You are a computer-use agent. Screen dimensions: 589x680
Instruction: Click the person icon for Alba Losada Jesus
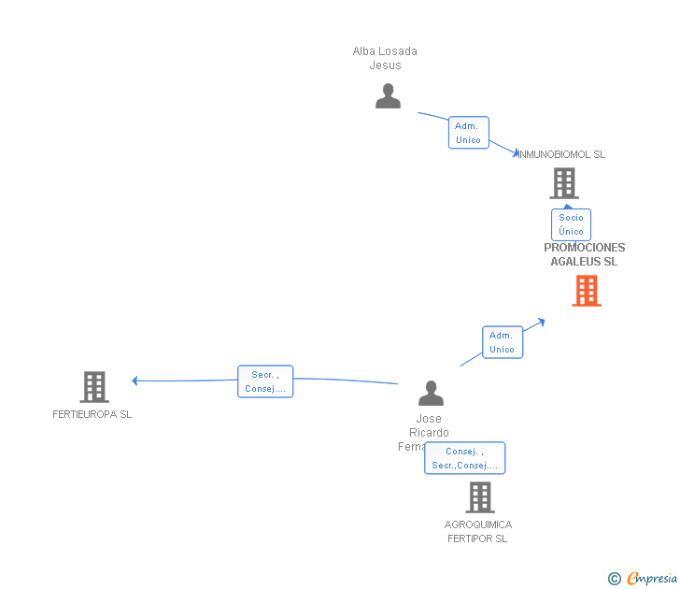[388, 96]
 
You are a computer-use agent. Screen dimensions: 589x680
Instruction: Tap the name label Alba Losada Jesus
[385, 58]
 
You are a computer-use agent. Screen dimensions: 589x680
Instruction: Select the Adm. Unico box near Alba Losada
[468, 133]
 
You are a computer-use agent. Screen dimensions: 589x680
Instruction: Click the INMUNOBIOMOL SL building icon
[564, 183]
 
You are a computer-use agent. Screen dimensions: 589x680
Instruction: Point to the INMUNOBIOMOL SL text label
[561, 154]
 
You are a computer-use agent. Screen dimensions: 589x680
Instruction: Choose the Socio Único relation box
[571, 224]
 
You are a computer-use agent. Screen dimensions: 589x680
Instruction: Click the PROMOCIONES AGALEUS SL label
[585, 254]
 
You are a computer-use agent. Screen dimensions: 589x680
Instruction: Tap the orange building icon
[587, 291]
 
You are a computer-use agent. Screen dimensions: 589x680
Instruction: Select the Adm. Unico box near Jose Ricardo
[503, 342]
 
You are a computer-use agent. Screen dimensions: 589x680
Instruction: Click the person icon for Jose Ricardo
[431, 393]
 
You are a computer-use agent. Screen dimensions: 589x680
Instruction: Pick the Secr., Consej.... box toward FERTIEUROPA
[265, 381]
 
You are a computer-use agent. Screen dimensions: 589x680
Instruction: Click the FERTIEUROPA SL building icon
[94, 386]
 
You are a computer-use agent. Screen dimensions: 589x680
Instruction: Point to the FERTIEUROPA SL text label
[92, 414]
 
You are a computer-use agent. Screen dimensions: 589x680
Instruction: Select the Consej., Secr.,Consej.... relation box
[464, 458]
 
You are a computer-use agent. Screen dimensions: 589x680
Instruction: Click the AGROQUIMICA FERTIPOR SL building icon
[480, 497]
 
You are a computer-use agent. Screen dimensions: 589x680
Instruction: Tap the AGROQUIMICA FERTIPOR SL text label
[478, 531]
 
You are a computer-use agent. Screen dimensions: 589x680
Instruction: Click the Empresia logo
[652, 578]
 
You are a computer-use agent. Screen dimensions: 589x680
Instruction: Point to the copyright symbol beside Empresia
[615, 579]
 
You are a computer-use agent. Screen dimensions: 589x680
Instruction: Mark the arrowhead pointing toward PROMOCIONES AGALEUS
[540, 322]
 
